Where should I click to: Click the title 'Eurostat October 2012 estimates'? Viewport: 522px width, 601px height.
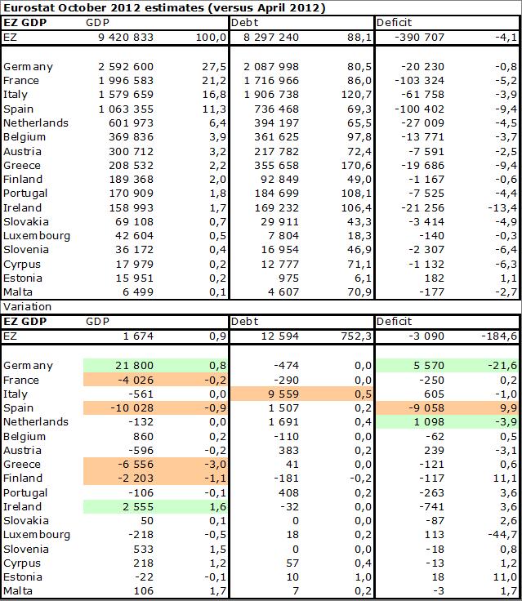coord(106,8)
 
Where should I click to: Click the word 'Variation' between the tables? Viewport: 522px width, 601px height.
coord(27,307)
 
